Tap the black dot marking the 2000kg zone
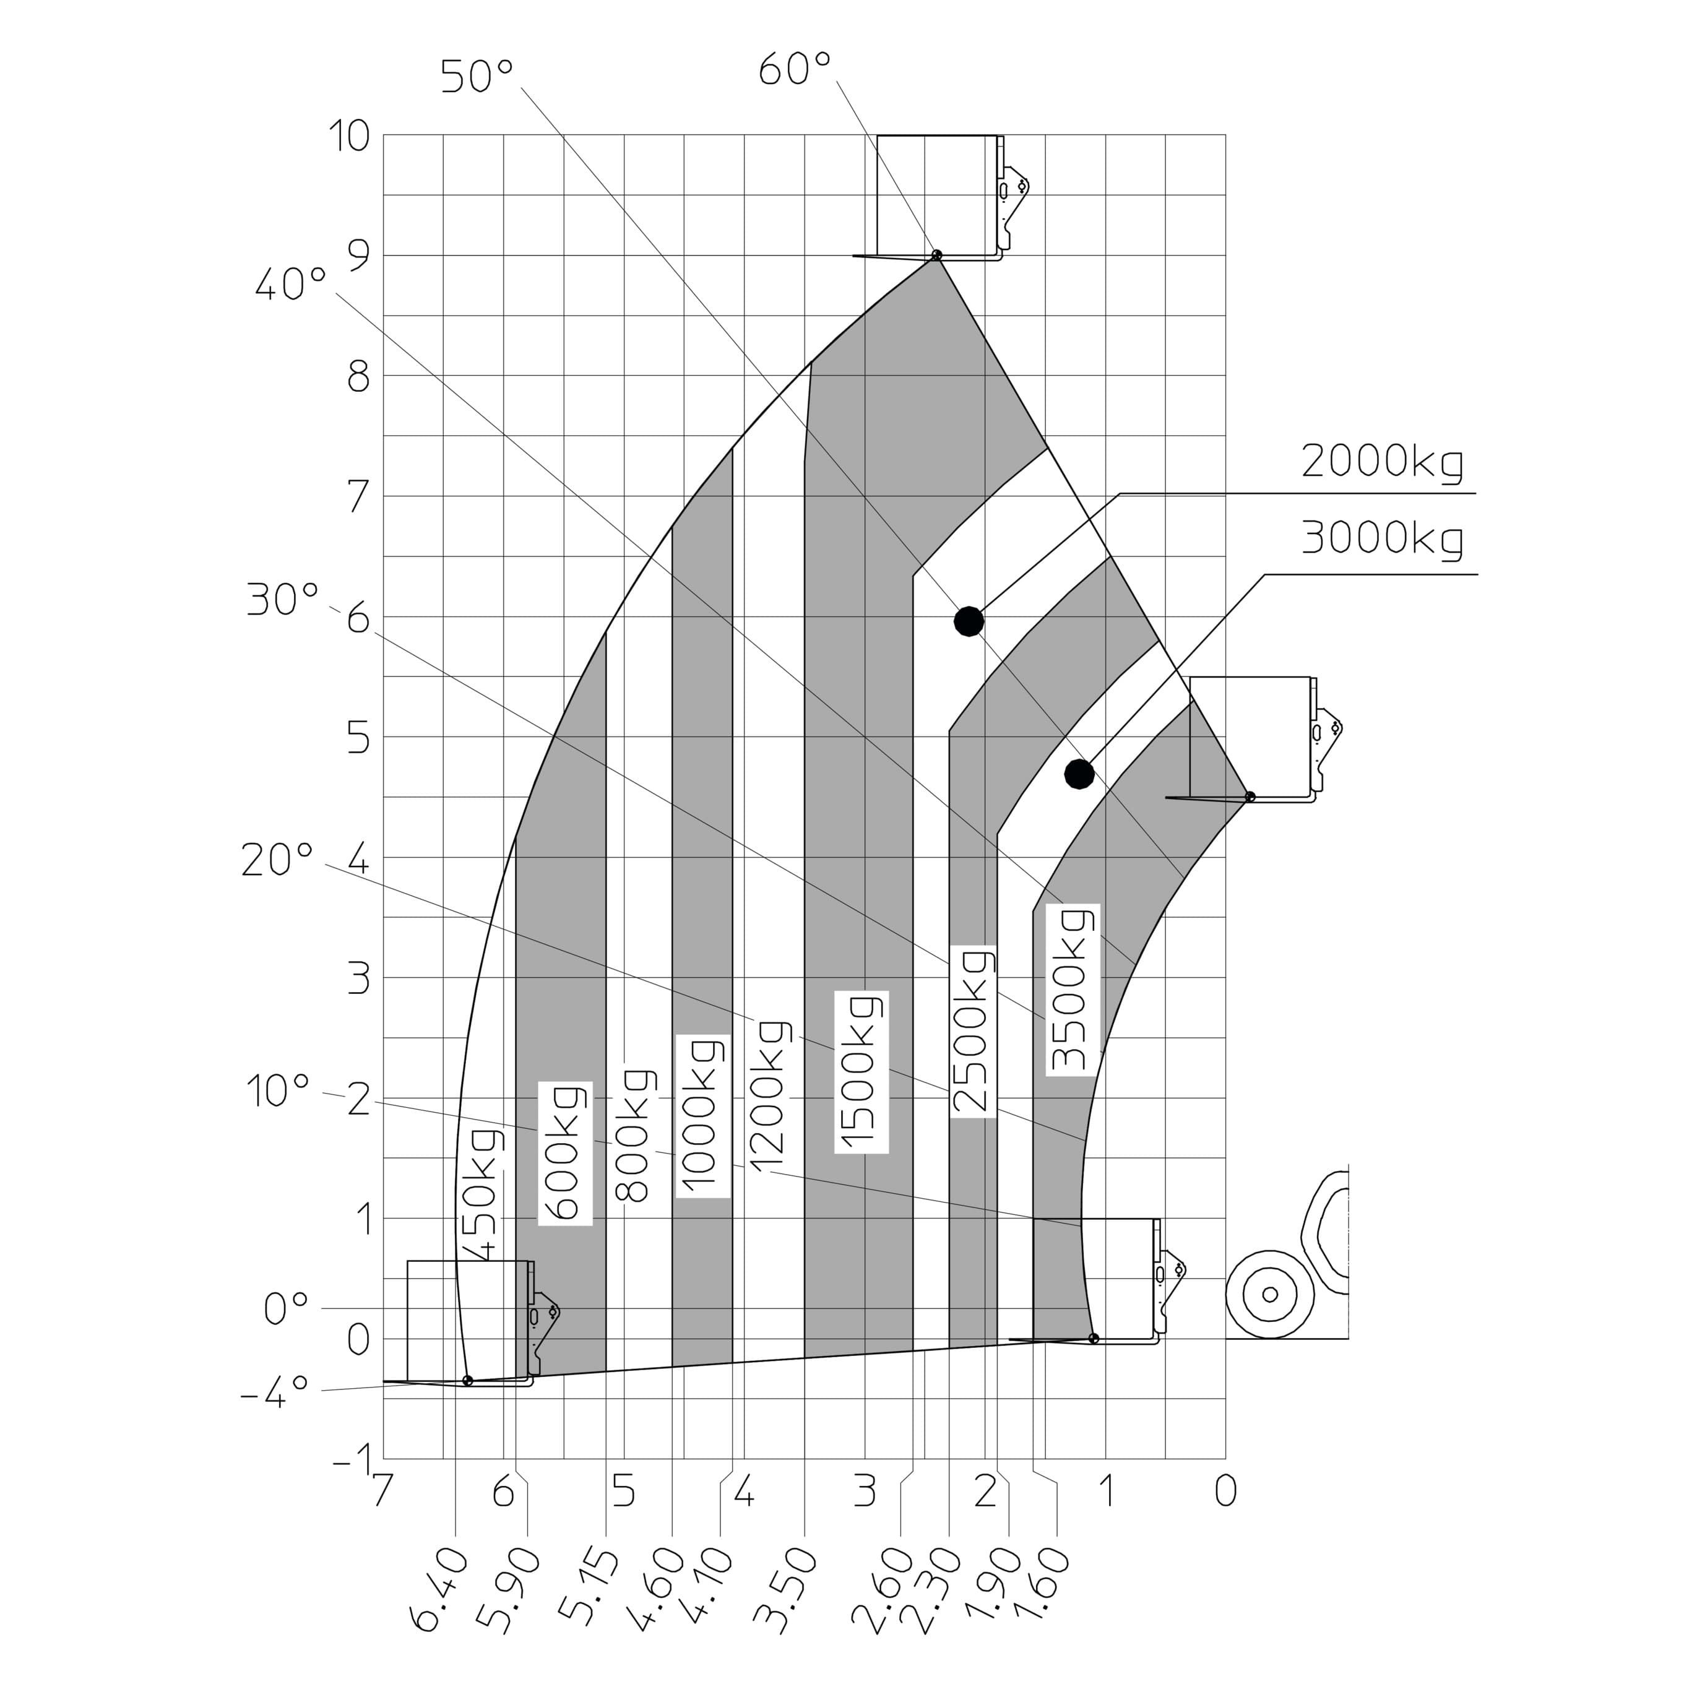click(969, 621)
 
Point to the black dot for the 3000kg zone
click(1079, 773)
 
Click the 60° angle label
click(795, 70)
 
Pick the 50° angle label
click(477, 77)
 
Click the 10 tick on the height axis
click(348, 136)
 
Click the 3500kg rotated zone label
click(1072, 990)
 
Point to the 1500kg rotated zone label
click(860, 1072)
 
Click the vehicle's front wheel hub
click(1270, 1294)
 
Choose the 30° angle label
click(283, 600)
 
